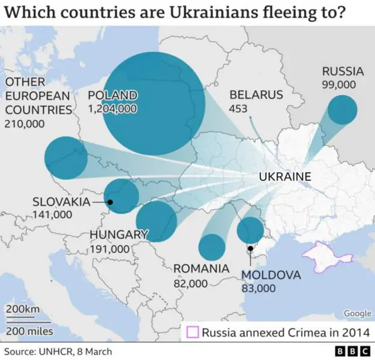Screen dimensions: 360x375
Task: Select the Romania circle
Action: [x=212, y=247]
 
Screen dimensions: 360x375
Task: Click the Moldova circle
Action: [x=250, y=230]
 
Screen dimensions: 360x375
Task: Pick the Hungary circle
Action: [x=156, y=221]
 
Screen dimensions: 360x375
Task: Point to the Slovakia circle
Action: [x=121, y=196]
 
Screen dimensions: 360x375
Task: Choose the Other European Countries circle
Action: [x=66, y=158]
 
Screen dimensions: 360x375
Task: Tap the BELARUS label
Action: [x=256, y=95]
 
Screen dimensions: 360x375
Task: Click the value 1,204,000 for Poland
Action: [x=112, y=108]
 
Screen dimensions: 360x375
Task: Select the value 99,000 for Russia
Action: [x=339, y=84]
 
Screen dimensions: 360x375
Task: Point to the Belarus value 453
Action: [x=238, y=108]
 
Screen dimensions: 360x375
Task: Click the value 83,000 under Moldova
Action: [x=258, y=288]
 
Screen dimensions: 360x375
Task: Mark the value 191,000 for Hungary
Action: [x=110, y=249]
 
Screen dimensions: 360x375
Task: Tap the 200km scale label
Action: [x=23, y=309]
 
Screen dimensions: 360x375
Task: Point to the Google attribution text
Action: [x=357, y=314]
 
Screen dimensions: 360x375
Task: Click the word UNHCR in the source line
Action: [x=52, y=351]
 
